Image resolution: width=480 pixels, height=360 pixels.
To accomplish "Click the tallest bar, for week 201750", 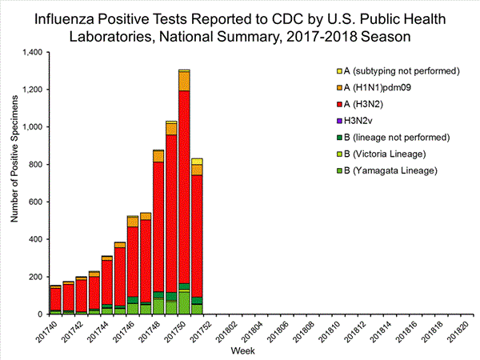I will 184,192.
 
